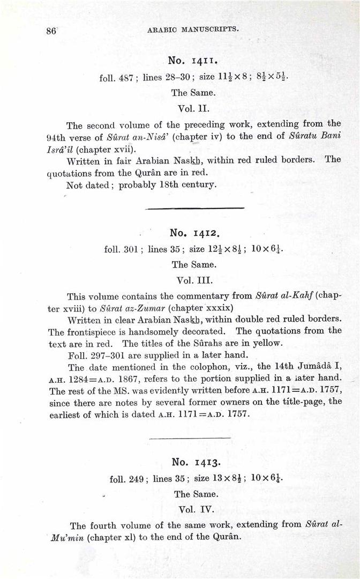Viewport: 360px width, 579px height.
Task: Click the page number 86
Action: point(51,31)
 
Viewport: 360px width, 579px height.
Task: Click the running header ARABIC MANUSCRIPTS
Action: point(193,30)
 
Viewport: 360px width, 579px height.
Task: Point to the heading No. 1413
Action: point(195,462)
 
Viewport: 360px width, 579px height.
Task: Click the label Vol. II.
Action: point(193,108)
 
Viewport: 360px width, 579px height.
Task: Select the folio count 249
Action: point(134,479)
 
